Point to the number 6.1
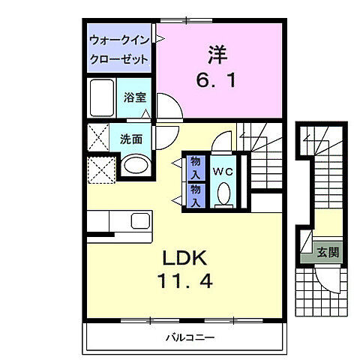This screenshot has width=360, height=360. tap(218, 79)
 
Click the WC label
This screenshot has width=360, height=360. tap(223, 171)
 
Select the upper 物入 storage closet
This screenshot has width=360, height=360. tap(194, 166)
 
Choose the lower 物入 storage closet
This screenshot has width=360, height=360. tap(194, 194)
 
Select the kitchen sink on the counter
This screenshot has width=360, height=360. tap(141, 221)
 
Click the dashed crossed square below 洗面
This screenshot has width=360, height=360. tap(100, 169)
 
